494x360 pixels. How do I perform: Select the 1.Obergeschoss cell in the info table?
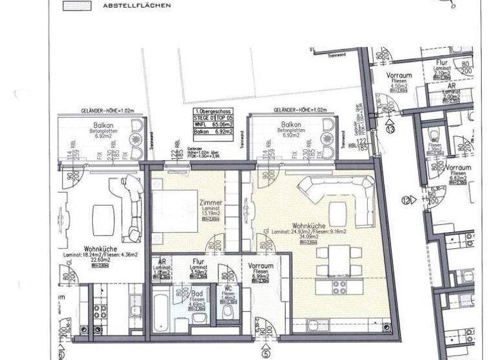pyautogui.click(x=212, y=110)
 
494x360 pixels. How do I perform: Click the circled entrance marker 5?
pyautogui.click(x=266, y=351)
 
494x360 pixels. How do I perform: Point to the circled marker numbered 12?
pyautogui.click(x=406, y=200)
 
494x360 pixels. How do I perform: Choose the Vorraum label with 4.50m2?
pyautogui.click(x=398, y=76)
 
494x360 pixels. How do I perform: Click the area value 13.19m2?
pyautogui.click(x=210, y=215)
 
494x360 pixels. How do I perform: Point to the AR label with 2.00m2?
pyautogui.click(x=453, y=85)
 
